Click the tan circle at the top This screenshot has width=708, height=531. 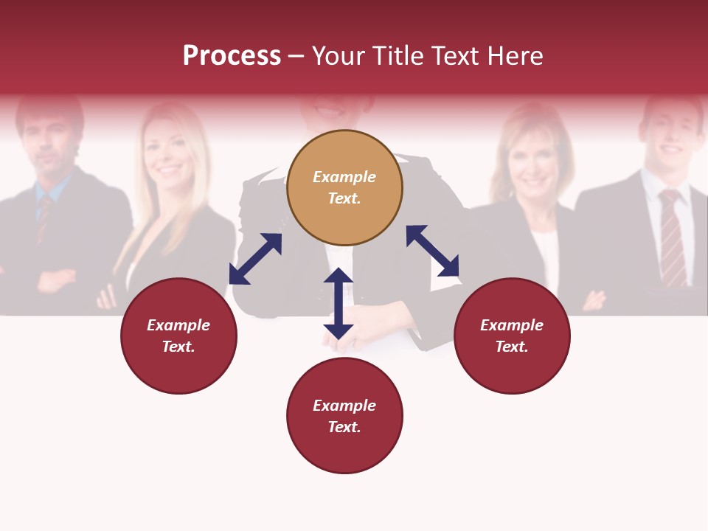click(x=344, y=187)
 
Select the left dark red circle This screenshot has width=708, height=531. click(x=178, y=336)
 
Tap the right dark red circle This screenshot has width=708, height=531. click(x=512, y=336)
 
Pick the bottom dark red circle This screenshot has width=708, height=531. click(x=344, y=416)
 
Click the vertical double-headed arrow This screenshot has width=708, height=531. click(x=339, y=303)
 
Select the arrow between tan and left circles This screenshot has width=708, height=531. click(x=255, y=259)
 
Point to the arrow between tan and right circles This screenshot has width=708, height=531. click(x=433, y=251)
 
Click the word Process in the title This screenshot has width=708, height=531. click(x=232, y=55)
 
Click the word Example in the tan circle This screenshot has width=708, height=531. click(x=344, y=177)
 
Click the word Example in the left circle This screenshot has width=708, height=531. click(x=178, y=325)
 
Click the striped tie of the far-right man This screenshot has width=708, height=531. click(x=672, y=236)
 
